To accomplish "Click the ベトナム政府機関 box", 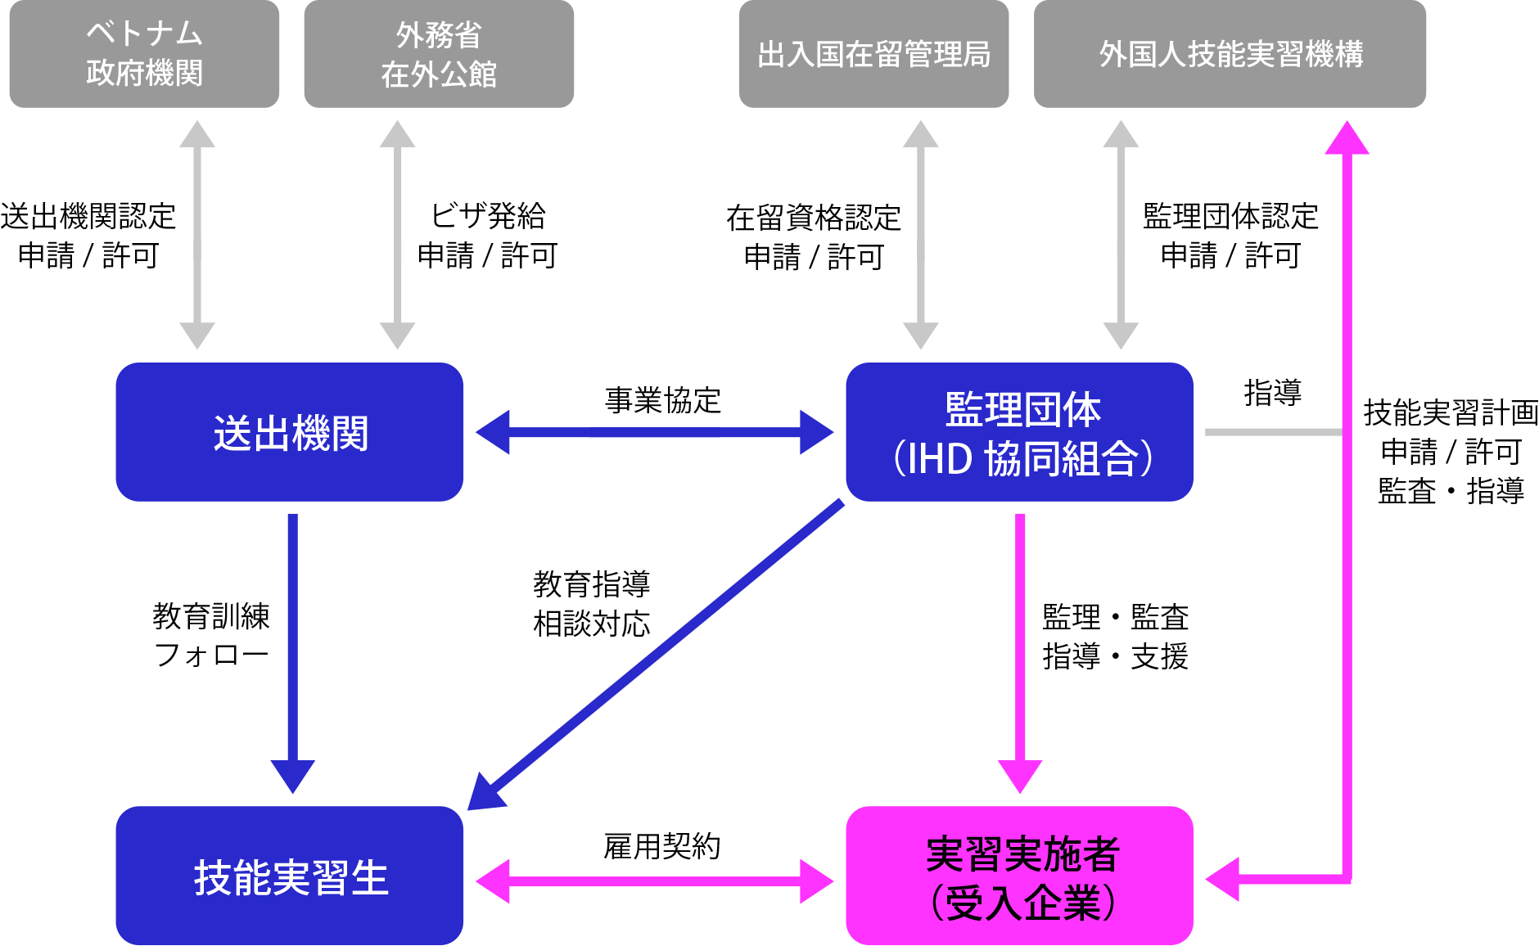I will tap(144, 54).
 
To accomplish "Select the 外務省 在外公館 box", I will tap(439, 54).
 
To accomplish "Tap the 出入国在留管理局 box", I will tap(873, 54).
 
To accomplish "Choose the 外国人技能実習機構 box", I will tap(1230, 54).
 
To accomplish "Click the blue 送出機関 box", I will tap(290, 432).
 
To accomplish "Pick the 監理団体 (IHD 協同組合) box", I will tap(1019, 432).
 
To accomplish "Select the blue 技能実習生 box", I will tap(290, 876).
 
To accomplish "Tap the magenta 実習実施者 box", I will tap(1019, 876).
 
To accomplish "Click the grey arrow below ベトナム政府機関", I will tap(197, 235).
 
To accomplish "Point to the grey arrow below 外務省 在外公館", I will tap(398, 235).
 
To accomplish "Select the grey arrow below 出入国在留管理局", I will tap(921, 235).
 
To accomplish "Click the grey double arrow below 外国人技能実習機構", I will tap(1121, 235).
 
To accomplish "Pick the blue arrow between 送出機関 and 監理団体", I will tap(655, 432).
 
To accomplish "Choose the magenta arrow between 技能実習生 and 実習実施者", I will tap(655, 881).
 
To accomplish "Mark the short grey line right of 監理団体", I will tap(1273, 432).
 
